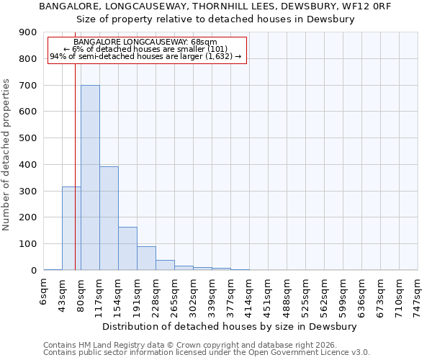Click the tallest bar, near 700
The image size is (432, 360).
tap(90, 178)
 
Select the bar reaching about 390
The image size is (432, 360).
tap(109, 218)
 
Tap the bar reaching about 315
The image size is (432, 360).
tap(71, 228)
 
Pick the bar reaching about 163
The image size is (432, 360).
tap(127, 248)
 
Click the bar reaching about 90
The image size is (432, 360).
tap(146, 258)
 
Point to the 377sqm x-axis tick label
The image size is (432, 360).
tap(231, 293)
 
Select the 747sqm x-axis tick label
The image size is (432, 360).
tap(418, 293)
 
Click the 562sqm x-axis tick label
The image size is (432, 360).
tap(325, 293)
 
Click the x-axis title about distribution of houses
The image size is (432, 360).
tap(230, 326)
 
